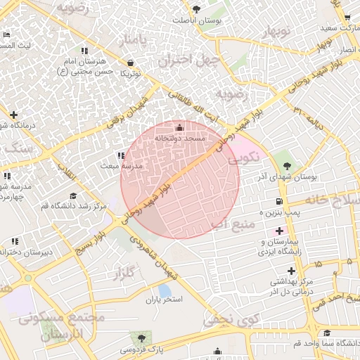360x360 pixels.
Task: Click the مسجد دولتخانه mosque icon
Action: click(179, 128)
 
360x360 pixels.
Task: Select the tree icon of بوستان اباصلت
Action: click(196, 10)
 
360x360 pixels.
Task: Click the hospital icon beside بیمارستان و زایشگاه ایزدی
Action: click(280, 231)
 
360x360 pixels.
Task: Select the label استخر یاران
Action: click(164, 300)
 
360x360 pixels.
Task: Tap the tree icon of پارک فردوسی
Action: click(142, 338)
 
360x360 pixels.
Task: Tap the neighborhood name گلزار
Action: click(124, 274)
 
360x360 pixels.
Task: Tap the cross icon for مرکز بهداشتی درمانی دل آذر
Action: click(291, 271)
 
